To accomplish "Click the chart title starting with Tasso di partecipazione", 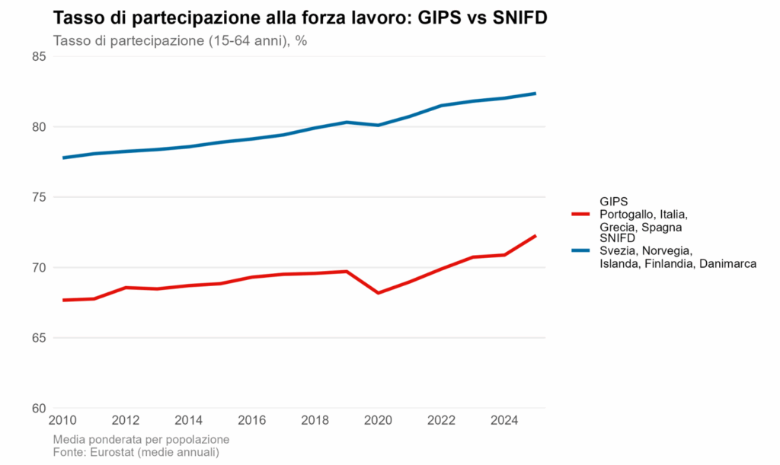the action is [x=300, y=18].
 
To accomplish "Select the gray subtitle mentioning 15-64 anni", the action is [x=180, y=41].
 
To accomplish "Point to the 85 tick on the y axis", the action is [x=39, y=56].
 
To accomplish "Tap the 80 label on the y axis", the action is [x=39, y=127].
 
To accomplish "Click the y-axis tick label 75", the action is [x=39, y=197].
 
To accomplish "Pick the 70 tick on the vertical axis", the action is [x=39, y=268].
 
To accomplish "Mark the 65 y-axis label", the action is [x=39, y=338].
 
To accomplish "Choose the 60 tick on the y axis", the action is [x=39, y=409].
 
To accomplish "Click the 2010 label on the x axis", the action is [x=62, y=420].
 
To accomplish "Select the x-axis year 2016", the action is [x=251, y=420].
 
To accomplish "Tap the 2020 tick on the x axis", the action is [x=378, y=420].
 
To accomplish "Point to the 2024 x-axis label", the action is [x=504, y=420].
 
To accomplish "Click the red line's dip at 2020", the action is [x=378, y=293].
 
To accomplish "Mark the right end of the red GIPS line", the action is [x=535, y=235].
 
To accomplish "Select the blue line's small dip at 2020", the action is [x=378, y=125].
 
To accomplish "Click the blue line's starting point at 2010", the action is [x=62, y=158].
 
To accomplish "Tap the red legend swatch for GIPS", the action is [x=580, y=214].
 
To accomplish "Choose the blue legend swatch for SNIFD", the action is [x=580, y=250].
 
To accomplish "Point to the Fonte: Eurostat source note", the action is [x=136, y=453].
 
